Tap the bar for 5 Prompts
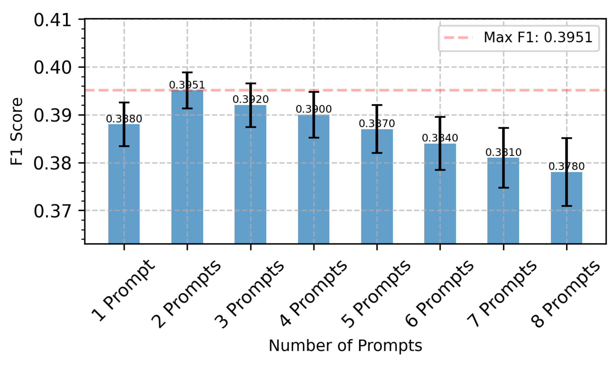tap(377, 189)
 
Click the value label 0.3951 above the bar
tap(187, 85)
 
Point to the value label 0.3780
tap(566, 167)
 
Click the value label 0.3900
tap(314, 109)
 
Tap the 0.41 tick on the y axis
tap(53, 20)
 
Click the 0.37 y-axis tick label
tap(53, 211)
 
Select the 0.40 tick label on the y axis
tap(53, 68)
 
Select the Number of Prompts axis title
tap(345, 345)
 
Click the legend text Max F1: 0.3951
tap(538, 38)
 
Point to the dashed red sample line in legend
tap(458, 38)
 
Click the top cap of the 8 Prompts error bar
tap(566, 138)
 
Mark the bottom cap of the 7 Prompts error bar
tap(503, 188)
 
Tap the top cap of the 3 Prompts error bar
tap(251, 84)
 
